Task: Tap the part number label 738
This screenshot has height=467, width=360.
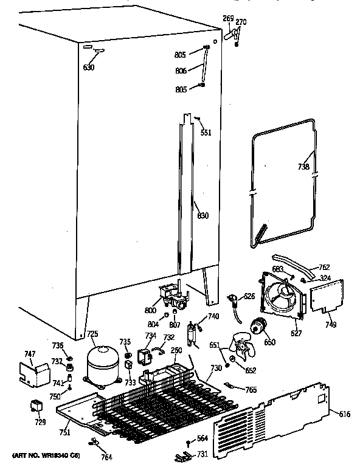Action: tap(303, 167)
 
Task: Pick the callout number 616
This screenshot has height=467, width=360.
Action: tap(345, 415)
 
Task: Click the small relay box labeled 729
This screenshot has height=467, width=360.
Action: tap(36, 406)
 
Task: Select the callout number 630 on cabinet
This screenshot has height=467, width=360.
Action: tap(89, 67)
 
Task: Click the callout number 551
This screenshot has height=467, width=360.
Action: tap(206, 133)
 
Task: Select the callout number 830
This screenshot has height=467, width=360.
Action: tap(202, 215)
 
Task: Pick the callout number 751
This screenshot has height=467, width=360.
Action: tap(64, 432)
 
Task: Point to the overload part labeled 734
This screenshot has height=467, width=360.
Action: tap(146, 358)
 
